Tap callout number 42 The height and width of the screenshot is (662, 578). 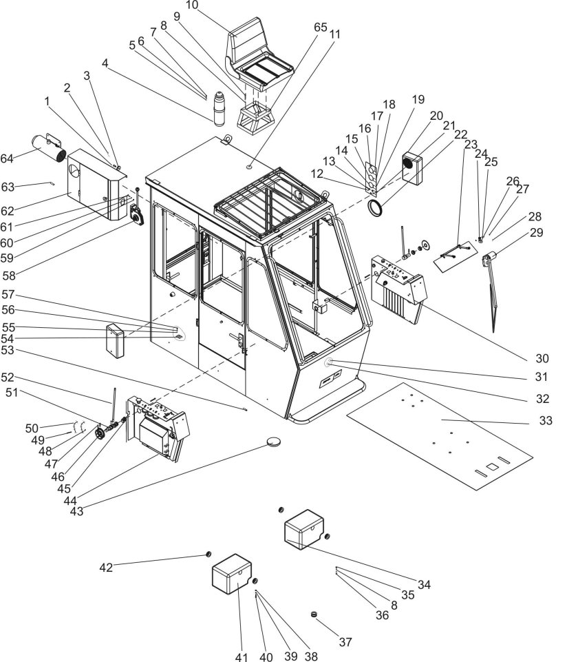[106, 568]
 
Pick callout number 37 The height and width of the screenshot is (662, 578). [345, 642]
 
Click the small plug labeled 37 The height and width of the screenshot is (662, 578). [315, 614]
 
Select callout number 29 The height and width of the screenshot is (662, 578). [536, 232]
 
